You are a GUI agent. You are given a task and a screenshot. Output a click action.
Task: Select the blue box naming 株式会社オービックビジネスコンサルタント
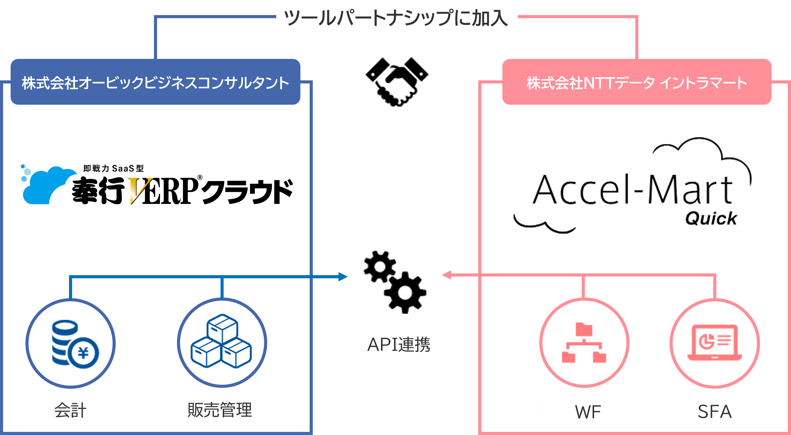pyautogui.click(x=155, y=82)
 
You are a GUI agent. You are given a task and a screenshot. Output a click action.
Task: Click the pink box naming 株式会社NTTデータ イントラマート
pyautogui.click(x=637, y=82)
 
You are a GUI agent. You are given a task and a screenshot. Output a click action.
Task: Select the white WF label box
pyautogui.click(x=588, y=411)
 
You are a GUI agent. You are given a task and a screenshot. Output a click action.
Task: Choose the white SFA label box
pyautogui.click(x=714, y=411)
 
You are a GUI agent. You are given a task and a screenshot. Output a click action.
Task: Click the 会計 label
pyautogui.click(x=70, y=410)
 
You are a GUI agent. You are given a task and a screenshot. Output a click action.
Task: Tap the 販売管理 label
pyautogui.click(x=220, y=410)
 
